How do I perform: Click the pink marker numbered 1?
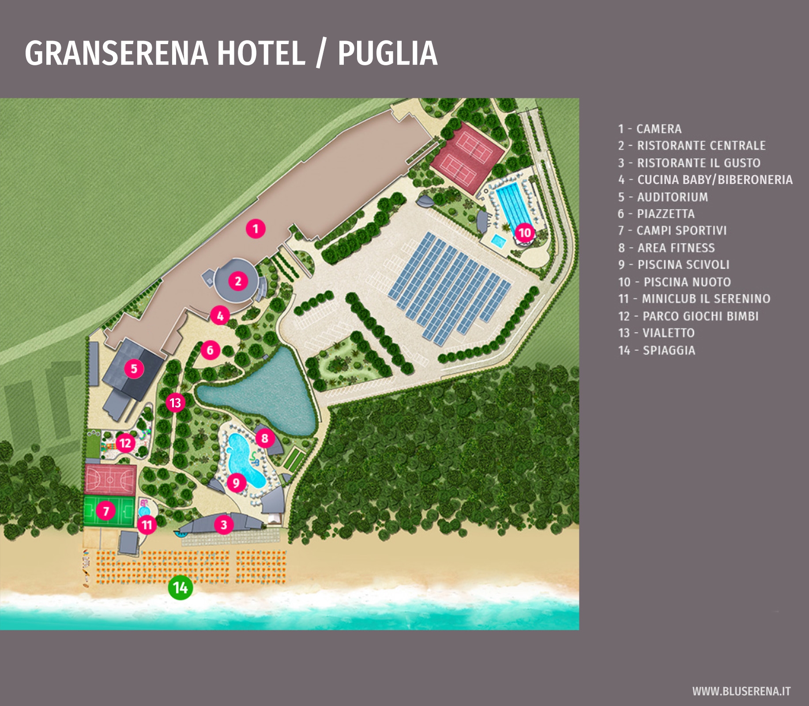(256, 229)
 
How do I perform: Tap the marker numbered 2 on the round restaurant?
(238, 281)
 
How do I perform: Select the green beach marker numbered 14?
(181, 587)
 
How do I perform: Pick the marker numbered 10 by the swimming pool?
(524, 232)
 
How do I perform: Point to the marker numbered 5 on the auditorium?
(134, 368)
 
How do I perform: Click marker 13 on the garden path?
(175, 402)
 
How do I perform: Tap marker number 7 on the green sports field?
(106, 511)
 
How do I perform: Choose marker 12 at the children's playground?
(125, 443)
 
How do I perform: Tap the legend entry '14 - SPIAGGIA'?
(656, 350)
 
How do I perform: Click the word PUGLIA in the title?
(387, 53)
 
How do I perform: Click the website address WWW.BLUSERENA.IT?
(741, 691)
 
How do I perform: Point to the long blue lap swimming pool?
(513, 206)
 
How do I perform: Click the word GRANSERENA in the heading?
(116, 53)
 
